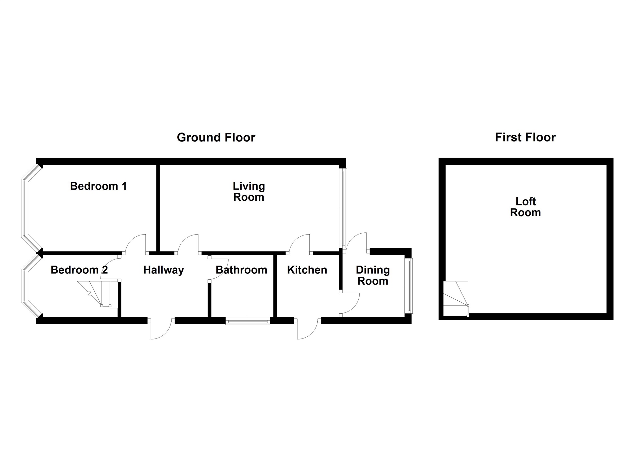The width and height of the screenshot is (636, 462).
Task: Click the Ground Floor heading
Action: click(x=216, y=137)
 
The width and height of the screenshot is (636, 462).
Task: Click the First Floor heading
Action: click(x=525, y=137)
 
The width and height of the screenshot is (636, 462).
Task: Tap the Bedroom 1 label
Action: click(x=98, y=186)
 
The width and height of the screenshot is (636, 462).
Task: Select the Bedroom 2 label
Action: click(x=79, y=270)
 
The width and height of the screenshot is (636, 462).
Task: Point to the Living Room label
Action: click(x=249, y=191)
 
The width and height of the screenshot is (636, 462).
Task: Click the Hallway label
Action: click(x=164, y=270)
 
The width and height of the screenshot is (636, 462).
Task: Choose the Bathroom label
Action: click(x=241, y=270)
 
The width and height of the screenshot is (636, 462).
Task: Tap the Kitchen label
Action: click(x=307, y=270)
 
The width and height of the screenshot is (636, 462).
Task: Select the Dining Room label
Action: click(x=373, y=276)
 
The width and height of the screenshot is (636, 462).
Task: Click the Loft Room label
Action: click(x=525, y=207)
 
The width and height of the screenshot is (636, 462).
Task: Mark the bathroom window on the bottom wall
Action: click(x=248, y=321)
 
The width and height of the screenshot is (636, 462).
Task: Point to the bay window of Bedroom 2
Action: click(x=25, y=285)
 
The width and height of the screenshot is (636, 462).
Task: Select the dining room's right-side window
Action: click(x=410, y=285)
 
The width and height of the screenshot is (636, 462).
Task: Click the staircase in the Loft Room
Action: click(x=455, y=298)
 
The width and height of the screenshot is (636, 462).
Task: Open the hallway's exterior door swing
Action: click(x=161, y=329)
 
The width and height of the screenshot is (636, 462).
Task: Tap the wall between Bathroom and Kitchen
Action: click(x=275, y=285)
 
